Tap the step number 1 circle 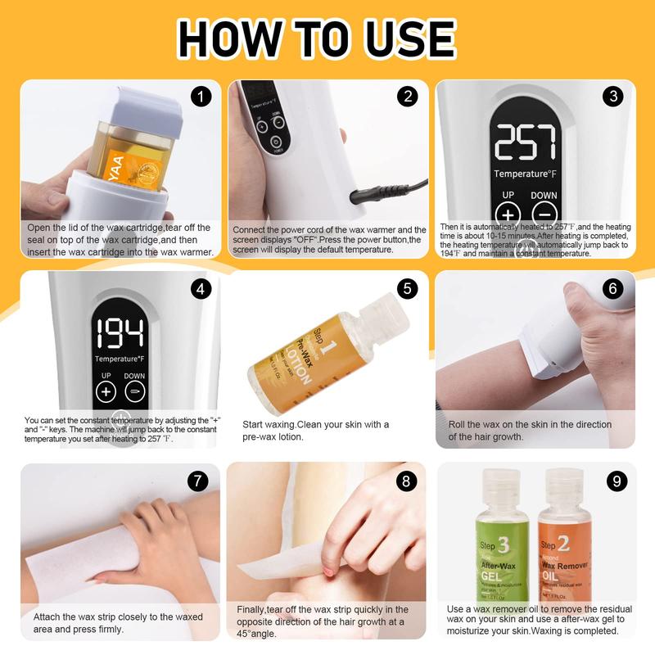(x=201, y=97)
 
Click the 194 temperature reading (x=120, y=332)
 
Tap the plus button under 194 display (x=106, y=391)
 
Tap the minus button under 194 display (x=134, y=391)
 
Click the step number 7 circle (x=198, y=481)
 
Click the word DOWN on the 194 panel (x=134, y=376)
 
